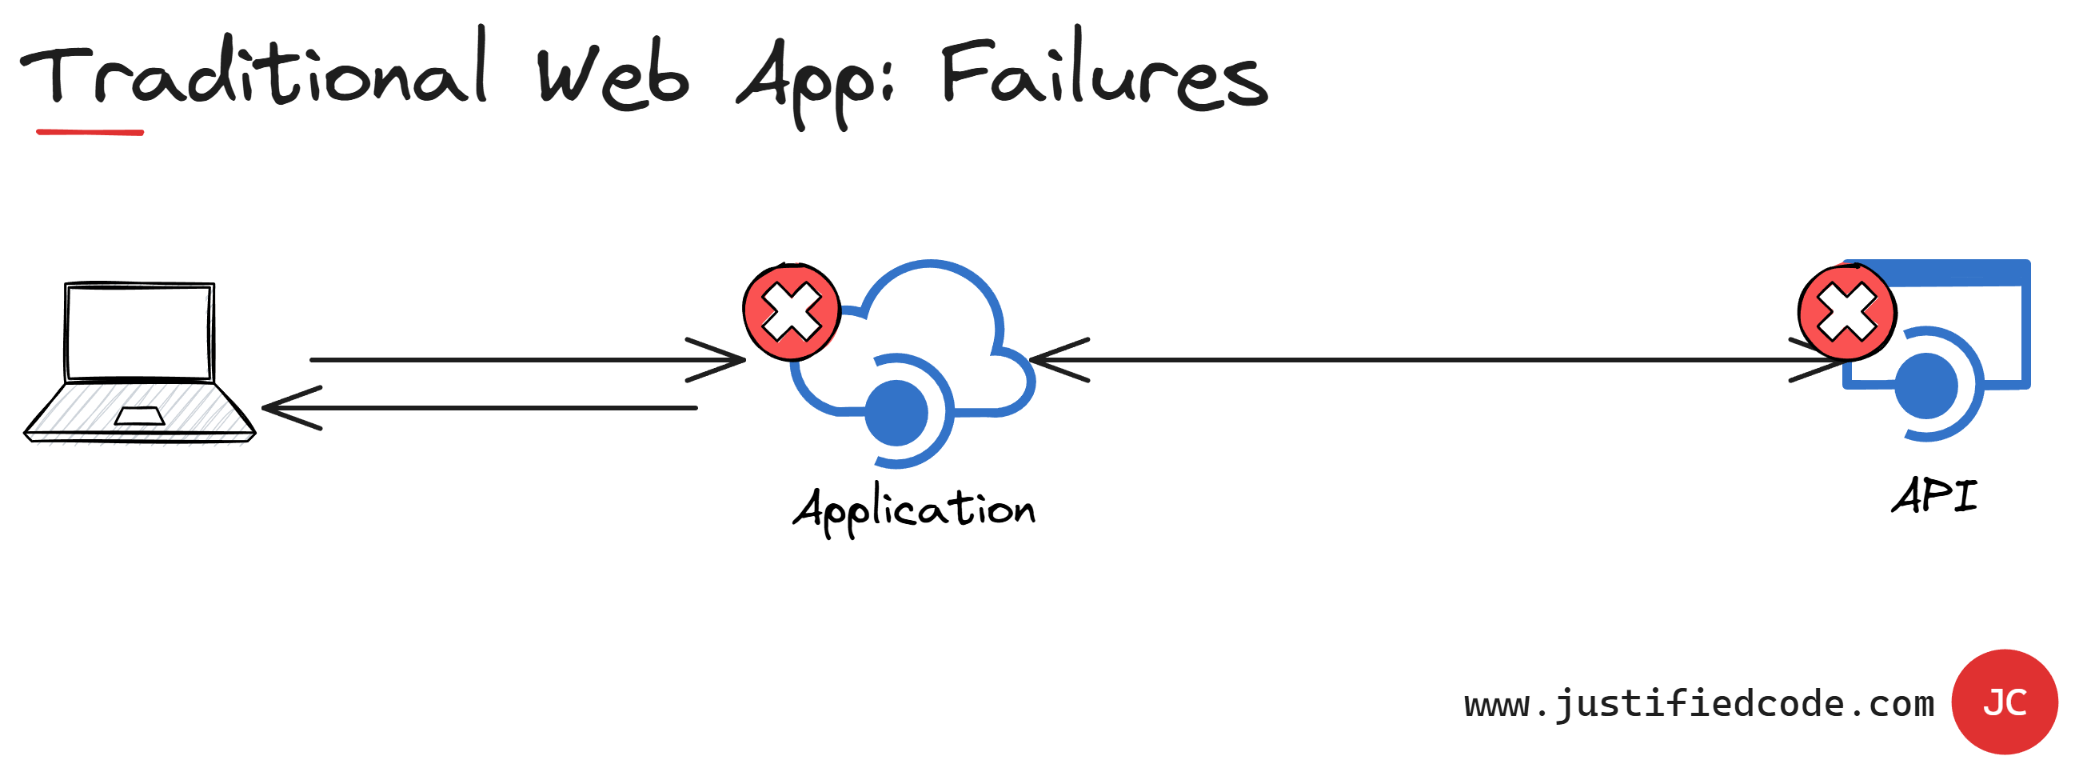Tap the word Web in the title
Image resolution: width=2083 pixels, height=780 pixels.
[x=613, y=77]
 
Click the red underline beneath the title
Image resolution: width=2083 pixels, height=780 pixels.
[x=90, y=132]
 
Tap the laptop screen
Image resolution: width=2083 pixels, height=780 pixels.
[x=139, y=333]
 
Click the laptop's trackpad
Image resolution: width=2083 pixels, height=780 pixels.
[x=140, y=416]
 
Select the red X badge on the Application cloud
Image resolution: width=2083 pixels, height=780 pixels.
[x=792, y=312]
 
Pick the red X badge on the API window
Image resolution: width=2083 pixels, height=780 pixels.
[x=1847, y=312]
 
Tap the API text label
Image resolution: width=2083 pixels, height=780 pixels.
[x=1934, y=496]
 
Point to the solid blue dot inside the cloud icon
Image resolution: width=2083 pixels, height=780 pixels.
[x=896, y=414]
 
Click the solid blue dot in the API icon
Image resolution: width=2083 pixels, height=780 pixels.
[x=1926, y=386]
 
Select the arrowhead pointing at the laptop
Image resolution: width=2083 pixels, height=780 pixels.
[x=279, y=408]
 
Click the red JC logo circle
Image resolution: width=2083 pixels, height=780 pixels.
[x=2004, y=702]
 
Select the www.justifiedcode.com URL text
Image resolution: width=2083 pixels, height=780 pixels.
[x=1699, y=703]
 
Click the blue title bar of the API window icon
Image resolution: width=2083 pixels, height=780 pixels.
[x=1957, y=273]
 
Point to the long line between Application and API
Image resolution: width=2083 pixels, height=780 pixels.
[x=1439, y=359]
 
